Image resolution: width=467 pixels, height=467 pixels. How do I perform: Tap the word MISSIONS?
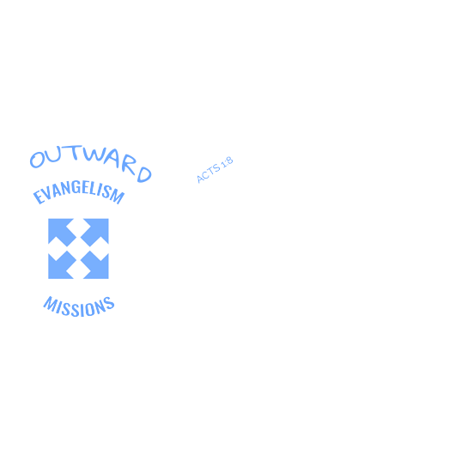79,306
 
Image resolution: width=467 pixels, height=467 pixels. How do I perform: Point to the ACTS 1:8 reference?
215,169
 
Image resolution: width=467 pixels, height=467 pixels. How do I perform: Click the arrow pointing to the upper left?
62,233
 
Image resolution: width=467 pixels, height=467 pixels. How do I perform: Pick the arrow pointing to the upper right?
94,233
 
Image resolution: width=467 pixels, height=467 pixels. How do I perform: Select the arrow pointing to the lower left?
62,265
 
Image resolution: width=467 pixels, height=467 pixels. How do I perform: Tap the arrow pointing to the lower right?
94,265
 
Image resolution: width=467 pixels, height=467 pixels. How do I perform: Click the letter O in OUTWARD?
37,160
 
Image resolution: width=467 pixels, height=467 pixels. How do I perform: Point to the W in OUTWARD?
94,154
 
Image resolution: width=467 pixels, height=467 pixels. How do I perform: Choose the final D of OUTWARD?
144,174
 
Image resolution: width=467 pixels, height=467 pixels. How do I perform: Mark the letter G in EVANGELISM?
77,188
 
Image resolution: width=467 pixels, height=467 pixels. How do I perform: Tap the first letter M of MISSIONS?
50,304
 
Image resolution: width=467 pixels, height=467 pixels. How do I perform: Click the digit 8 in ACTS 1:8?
228,161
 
